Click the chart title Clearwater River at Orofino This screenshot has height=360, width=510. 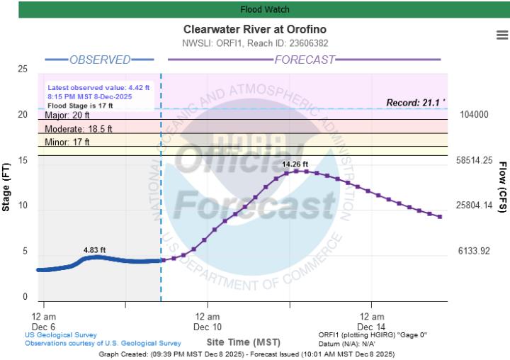point(255,30)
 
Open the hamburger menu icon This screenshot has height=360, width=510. point(502,35)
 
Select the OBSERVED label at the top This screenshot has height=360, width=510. point(99,60)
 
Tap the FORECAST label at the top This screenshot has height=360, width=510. point(304,60)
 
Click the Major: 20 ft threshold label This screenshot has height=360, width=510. point(67,116)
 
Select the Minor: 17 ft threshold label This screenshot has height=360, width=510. point(67,142)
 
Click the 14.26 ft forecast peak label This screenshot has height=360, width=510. point(296,164)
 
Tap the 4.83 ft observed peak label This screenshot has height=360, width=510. point(94,249)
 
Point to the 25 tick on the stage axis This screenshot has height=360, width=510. point(23,69)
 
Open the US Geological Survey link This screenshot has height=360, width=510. point(61,335)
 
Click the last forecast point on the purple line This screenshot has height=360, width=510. point(440,216)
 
